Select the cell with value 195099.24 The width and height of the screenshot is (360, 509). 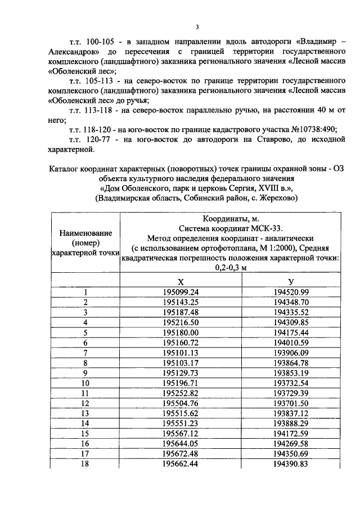[181, 292]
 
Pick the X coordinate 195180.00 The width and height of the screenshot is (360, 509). [181, 332]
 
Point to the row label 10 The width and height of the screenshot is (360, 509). [85, 382]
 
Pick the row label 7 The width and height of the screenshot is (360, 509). [85, 352]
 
